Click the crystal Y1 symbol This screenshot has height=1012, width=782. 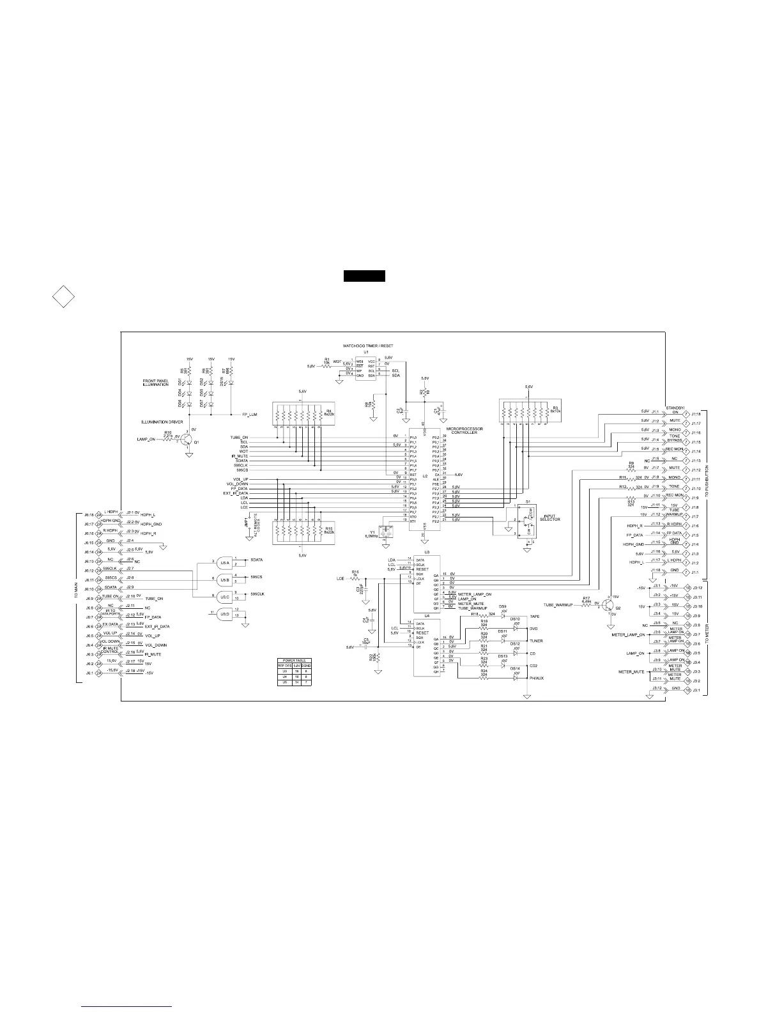[x=383, y=530]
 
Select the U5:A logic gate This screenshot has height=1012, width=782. [x=224, y=562]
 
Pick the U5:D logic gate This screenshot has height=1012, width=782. [x=224, y=614]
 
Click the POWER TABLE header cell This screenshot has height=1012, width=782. [x=291, y=660]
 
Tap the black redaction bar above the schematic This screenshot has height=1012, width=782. [x=364, y=276]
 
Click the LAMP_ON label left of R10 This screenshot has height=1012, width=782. [x=146, y=440]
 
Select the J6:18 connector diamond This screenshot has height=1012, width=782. [x=99, y=496]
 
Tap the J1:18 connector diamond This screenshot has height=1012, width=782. [x=686, y=413]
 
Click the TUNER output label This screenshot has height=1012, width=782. [x=536, y=641]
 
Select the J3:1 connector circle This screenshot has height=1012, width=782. [x=687, y=691]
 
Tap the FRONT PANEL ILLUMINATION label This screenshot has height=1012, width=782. [x=155, y=383]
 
